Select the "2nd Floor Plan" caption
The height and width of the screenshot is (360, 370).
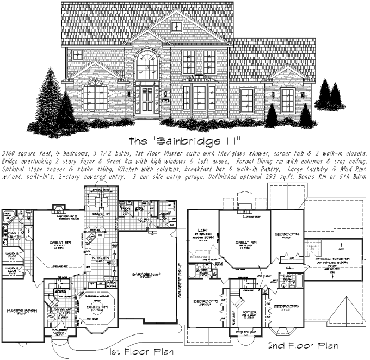pyautogui.click(x=304, y=346)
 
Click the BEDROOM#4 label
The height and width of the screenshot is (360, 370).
pyautogui.click(x=288, y=234)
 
